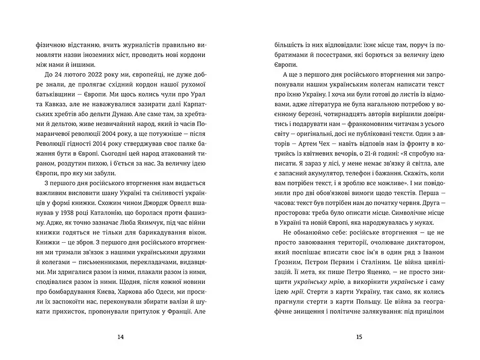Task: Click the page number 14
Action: (x=121, y=337)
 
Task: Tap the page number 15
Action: (x=359, y=337)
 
